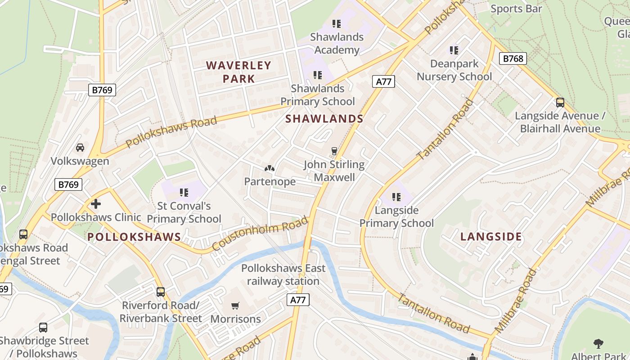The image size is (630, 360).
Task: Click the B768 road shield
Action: click(x=513, y=58)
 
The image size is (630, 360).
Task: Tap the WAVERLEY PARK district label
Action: click(x=238, y=72)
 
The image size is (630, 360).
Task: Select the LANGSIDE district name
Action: click(x=491, y=237)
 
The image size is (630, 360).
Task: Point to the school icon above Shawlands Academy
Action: click(x=336, y=23)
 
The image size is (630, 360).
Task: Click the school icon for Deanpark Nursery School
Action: click(x=454, y=50)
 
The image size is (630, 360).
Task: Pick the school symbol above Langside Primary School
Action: click(x=396, y=197)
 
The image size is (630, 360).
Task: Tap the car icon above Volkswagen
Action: click(x=80, y=147)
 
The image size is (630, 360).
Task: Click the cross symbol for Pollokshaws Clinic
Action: click(x=95, y=204)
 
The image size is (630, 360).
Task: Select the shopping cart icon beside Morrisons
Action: click(x=235, y=306)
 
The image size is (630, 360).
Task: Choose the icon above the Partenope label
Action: click(x=270, y=168)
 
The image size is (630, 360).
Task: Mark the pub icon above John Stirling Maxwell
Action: click(x=334, y=151)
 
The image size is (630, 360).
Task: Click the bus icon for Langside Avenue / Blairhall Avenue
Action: click(x=560, y=102)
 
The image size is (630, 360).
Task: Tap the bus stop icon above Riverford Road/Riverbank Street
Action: click(x=161, y=292)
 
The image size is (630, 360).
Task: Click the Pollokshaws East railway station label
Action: click(x=283, y=275)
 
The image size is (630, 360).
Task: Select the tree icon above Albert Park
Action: click(x=598, y=344)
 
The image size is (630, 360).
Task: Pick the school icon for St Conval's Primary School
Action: click(x=184, y=193)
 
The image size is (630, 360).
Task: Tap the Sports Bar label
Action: click(x=516, y=9)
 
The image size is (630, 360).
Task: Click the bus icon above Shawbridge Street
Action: click(x=43, y=327)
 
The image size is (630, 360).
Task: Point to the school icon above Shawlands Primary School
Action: click(x=318, y=75)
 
